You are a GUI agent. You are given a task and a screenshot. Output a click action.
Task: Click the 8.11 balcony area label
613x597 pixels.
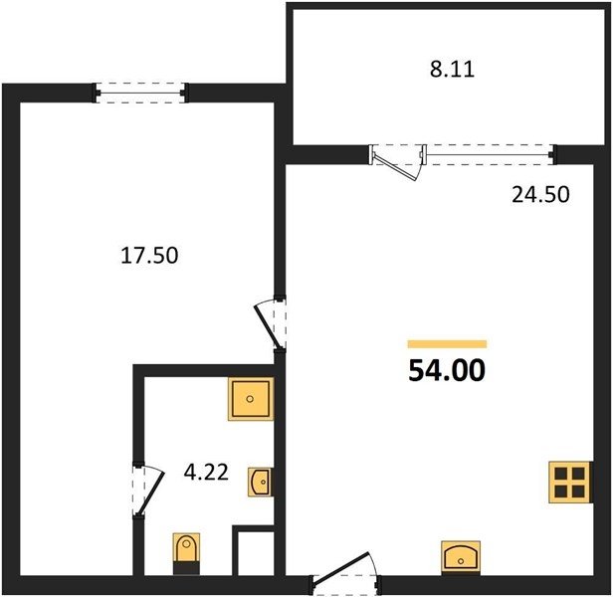pos(453,70)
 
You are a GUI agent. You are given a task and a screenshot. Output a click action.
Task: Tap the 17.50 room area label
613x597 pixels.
pos(149,256)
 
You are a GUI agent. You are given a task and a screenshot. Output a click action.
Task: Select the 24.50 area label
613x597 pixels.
pos(540,195)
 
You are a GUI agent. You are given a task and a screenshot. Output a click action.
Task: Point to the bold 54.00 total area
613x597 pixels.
pos(447,370)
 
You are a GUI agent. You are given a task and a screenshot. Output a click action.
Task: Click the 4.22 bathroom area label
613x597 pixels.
pos(206,473)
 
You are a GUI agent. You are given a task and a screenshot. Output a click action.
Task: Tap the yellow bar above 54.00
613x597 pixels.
pos(447,344)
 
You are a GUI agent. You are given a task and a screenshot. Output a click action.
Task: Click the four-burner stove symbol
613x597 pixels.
pos(570,482)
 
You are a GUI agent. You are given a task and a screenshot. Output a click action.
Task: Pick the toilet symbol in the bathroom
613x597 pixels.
pos(186,553)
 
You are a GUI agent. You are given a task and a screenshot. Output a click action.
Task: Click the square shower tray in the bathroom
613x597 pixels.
pos(250,399)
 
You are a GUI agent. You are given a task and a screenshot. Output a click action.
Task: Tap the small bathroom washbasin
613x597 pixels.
pos(261,482)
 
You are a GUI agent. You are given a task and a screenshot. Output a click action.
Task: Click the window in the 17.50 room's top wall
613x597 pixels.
pos(140,94)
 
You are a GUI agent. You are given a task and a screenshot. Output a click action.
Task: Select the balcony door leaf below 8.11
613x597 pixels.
pos(396,167)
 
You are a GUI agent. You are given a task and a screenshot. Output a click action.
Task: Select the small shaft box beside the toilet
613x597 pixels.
pos(255,551)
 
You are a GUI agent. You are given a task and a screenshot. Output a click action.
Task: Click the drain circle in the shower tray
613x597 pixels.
pos(250,399)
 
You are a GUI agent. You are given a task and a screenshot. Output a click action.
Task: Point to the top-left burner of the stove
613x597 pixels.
pos(561,474)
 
